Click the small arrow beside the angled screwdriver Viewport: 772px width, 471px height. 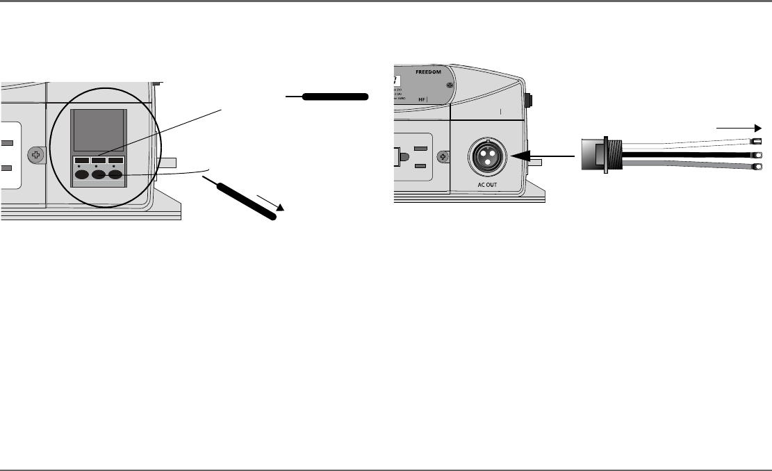[x=270, y=203]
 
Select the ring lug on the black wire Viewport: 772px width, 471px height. [x=758, y=154]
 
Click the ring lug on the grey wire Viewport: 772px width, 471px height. [x=758, y=167]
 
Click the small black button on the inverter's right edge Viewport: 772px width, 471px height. [x=529, y=100]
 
